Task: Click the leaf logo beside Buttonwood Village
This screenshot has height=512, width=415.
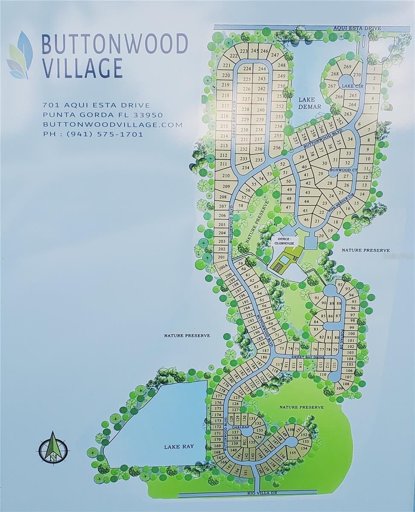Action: [x=20, y=55]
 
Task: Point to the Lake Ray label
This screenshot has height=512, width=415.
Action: [x=179, y=447]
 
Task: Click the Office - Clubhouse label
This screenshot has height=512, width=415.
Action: [x=284, y=241]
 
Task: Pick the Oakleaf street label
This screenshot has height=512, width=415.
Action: [x=240, y=426]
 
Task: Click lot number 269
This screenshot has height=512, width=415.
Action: [x=347, y=67]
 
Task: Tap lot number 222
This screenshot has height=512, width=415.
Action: [x=233, y=56]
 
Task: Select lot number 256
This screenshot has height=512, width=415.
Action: [x=277, y=148]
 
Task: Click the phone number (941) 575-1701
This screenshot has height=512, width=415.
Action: [x=93, y=134]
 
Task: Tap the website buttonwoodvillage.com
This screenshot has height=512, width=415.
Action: [x=113, y=125]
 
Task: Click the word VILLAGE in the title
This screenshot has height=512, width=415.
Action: [x=82, y=68]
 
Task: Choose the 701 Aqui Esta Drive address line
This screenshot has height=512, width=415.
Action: [x=96, y=105]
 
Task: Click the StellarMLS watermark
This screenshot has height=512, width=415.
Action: [x=399, y=256]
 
